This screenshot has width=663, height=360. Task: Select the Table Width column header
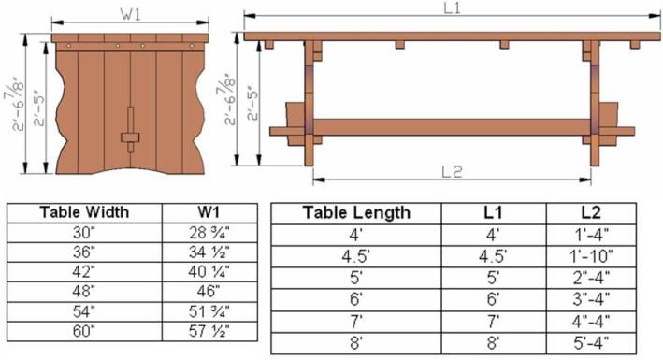click(x=85, y=211)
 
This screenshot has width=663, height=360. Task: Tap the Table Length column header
click(x=356, y=212)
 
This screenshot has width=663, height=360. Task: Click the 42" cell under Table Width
click(x=85, y=271)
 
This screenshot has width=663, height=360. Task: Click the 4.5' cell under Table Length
click(x=356, y=252)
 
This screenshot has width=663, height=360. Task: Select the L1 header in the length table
click(x=492, y=212)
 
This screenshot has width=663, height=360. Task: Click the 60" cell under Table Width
click(x=85, y=331)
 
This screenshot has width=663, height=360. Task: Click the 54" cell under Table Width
click(x=85, y=310)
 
